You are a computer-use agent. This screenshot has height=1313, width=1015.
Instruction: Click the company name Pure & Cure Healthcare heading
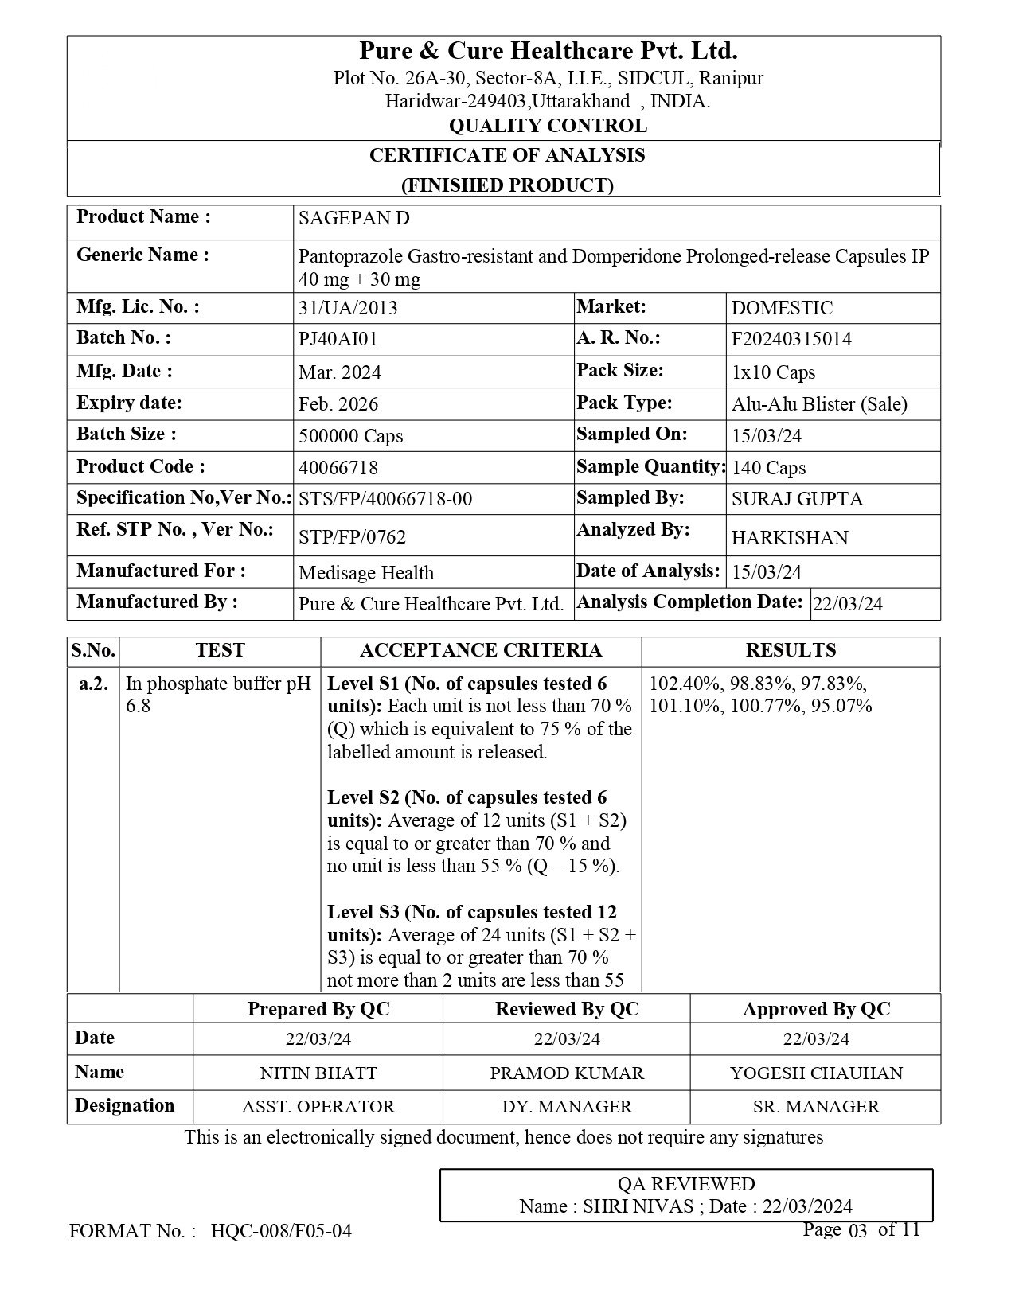pos(548,52)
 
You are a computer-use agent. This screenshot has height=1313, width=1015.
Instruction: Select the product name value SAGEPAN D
pos(353,219)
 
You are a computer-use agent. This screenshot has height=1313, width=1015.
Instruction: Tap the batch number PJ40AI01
pos(338,339)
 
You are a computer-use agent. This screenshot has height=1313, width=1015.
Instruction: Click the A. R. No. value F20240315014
pos(791,339)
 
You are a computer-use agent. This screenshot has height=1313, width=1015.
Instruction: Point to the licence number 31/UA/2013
pos(347,308)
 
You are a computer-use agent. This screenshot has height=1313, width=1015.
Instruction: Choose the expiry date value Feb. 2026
pos(338,404)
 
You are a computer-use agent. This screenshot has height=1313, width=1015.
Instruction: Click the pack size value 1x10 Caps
pos(773,372)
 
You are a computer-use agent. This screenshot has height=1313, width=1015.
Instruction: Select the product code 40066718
pos(338,468)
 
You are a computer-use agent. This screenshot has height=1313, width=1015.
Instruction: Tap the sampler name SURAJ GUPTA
pos(797,500)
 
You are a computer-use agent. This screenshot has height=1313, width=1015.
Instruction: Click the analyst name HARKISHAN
pos(790,538)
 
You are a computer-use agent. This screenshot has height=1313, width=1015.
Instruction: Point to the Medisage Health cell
pos(366,573)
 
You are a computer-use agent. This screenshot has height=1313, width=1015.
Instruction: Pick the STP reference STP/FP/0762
pos(352,537)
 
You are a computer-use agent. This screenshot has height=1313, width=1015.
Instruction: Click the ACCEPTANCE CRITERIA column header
pos(481,651)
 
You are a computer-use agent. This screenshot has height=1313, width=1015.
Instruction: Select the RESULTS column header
pos(791,651)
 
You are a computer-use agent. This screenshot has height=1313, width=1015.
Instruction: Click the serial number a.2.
pos(94,684)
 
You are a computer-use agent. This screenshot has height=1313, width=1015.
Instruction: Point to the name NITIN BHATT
pos(318,1073)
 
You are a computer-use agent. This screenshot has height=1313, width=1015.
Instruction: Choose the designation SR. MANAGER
pos(816,1107)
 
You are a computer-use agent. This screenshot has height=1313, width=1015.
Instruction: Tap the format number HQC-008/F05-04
pos(281,1232)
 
